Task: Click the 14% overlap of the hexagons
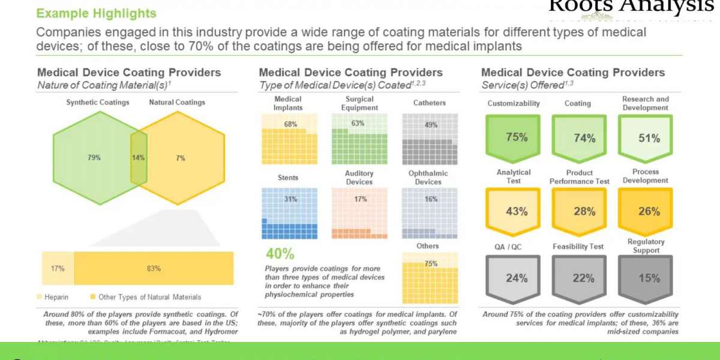coord(139,158)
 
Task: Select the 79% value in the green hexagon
coord(94,158)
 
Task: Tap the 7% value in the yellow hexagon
coord(181,158)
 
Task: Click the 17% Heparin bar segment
coord(58,268)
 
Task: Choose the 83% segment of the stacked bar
coord(154,268)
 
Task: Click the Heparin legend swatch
coord(40,297)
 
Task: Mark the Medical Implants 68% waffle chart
coord(289,139)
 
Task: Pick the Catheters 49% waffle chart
coord(429,139)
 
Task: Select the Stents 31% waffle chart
coord(289,213)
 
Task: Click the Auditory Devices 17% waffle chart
coord(359,213)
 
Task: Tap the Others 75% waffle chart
coord(429,278)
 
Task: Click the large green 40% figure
coord(280,253)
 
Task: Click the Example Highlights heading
coord(96,13)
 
